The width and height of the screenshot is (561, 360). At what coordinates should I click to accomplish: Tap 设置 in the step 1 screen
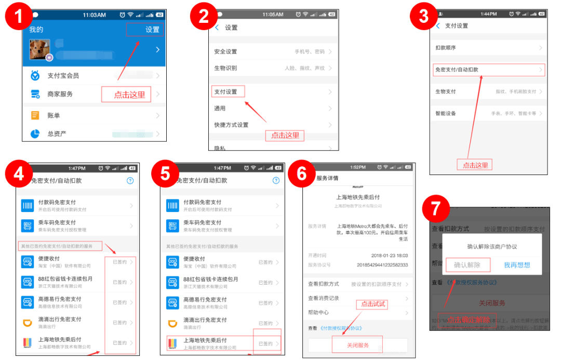click(x=152, y=30)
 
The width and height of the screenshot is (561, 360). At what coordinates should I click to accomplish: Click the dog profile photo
click(x=40, y=49)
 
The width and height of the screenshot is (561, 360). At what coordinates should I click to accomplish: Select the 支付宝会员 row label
click(x=63, y=76)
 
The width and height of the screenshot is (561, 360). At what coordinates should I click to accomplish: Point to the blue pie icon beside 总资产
click(x=35, y=134)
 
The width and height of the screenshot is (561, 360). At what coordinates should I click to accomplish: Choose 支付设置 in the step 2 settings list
click(x=226, y=92)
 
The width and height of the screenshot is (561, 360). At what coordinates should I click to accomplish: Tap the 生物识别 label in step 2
click(x=226, y=68)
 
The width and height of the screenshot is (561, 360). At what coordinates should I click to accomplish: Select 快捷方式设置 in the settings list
click(x=232, y=125)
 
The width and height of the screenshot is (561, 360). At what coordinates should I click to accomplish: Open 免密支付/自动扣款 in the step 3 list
click(x=457, y=70)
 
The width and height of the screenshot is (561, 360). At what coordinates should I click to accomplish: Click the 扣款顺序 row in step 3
click(x=446, y=48)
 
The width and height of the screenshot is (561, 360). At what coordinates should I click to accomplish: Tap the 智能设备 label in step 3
click(x=446, y=113)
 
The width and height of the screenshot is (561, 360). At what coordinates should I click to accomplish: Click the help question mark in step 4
click(x=130, y=181)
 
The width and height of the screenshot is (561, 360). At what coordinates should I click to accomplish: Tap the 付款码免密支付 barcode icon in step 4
click(x=28, y=206)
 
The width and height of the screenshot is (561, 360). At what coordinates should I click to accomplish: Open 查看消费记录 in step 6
click(x=324, y=298)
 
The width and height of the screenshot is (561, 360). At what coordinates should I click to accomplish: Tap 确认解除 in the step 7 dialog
click(x=467, y=265)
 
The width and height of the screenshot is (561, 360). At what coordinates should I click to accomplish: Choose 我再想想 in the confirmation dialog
click(x=517, y=265)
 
